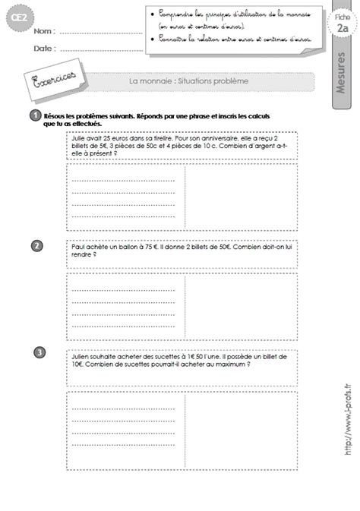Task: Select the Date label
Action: (x=43, y=48)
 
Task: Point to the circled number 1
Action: (x=36, y=114)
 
